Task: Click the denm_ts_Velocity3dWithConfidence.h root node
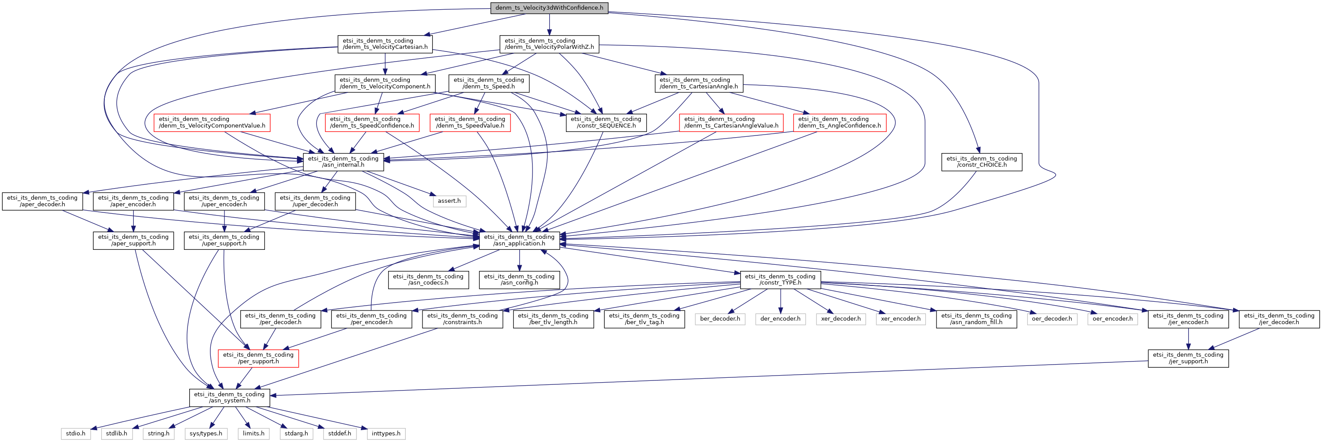[x=549, y=7]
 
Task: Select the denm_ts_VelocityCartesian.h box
[x=385, y=44]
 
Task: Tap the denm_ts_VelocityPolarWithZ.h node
[x=549, y=44]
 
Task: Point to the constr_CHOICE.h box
[x=981, y=161]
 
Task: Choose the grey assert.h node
[x=449, y=201]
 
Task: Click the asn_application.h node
[x=519, y=240]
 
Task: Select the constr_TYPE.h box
[x=780, y=279]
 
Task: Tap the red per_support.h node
[x=258, y=358]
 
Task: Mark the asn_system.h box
[x=229, y=398]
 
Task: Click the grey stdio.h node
[x=75, y=433]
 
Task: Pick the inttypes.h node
[x=386, y=433]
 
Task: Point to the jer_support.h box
[x=1188, y=358]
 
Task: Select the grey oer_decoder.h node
[x=1051, y=319]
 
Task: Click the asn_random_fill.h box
[x=976, y=319]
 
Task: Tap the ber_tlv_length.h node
[x=553, y=319]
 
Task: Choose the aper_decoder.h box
[x=42, y=201]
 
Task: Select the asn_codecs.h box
[x=428, y=279]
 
